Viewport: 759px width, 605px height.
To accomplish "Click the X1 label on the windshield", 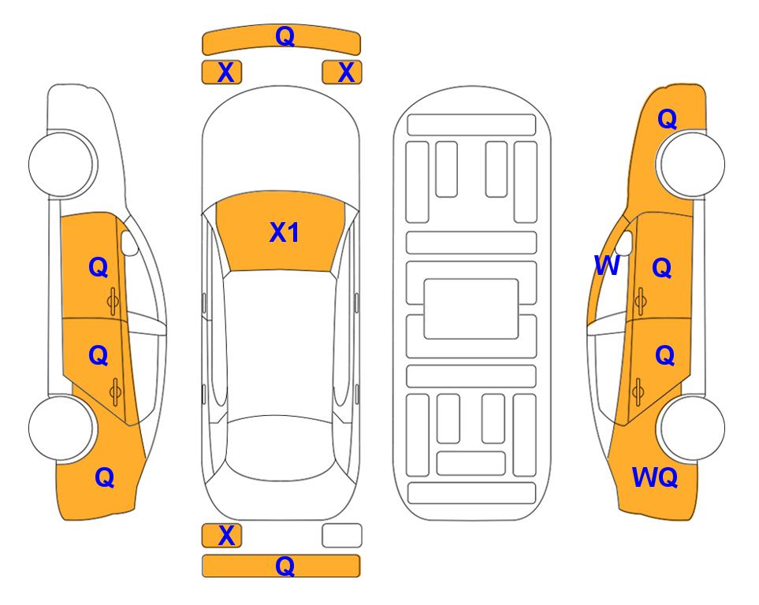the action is click(x=285, y=232).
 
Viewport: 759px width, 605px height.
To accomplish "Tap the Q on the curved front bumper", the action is click(x=285, y=35).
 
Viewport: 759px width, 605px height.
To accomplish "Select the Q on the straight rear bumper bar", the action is click(x=285, y=566).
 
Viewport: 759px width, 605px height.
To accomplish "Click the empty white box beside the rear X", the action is click(x=342, y=536).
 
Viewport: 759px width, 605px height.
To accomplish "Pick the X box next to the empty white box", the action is click(x=221, y=536).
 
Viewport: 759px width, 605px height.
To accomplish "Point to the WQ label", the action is click(x=654, y=477).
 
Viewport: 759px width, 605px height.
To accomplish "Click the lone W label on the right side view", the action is click(x=607, y=265).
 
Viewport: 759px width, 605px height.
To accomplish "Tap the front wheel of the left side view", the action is click(x=61, y=164).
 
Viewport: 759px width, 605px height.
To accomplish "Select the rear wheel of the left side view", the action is click(x=61, y=428).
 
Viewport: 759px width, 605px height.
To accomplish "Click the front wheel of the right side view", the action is click(x=691, y=164).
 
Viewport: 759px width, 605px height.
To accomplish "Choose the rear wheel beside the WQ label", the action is click(x=691, y=428).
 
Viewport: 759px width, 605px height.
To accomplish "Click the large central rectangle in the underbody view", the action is click(x=471, y=309).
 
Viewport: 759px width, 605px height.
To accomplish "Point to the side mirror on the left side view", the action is click(x=129, y=243).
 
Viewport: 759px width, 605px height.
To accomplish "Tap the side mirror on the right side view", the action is click(x=624, y=243).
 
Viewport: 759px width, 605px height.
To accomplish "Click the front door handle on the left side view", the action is click(x=113, y=301).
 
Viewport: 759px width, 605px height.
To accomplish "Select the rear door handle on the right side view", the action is click(x=638, y=392).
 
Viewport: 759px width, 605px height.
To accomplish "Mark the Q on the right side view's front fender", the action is click(x=667, y=119).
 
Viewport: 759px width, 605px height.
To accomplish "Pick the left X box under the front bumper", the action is click(x=221, y=72).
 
